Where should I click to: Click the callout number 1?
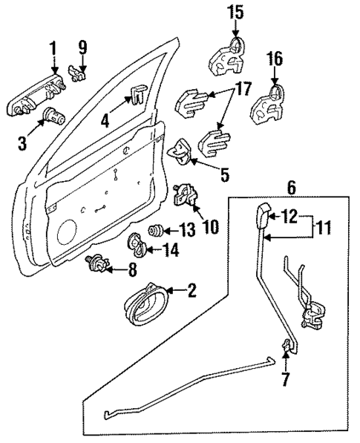point(53,50)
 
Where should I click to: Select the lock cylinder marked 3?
point(53,117)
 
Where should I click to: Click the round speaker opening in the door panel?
point(70,229)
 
